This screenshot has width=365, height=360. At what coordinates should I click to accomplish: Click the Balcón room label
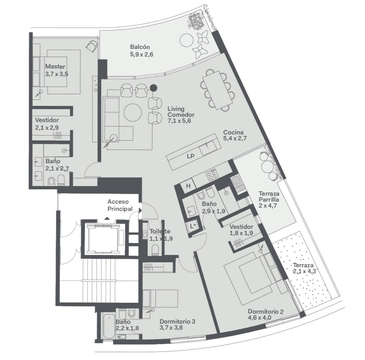(140, 47)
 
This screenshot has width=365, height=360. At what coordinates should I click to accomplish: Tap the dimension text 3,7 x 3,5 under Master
(57, 74)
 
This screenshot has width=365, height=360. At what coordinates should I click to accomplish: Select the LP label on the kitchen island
(191, 156)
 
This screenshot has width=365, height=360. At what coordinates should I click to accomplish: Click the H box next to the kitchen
(188, 186)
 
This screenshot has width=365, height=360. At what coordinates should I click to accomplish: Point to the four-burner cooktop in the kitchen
(212, 175)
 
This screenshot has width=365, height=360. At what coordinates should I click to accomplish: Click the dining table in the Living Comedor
(218, 90)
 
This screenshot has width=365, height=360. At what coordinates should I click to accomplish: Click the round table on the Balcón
(187, 40)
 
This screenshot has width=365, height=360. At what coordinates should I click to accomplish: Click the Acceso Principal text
(120, 205)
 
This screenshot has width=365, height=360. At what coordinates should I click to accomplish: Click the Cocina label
(233, 132)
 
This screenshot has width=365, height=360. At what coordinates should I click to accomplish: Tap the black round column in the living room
(153, 88)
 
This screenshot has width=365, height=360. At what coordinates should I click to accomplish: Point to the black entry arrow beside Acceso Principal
(140, 211)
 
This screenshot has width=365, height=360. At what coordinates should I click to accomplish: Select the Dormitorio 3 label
(177, 321)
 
